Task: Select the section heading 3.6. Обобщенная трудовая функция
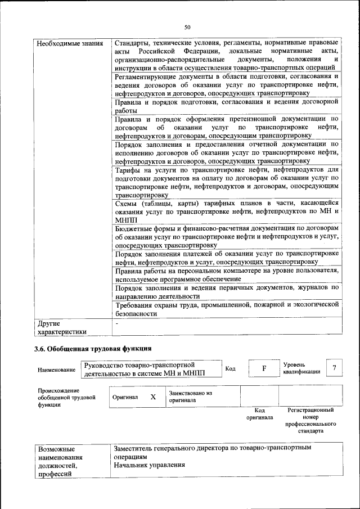(93, 350)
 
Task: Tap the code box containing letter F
(263, 368)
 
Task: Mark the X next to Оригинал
(152, 397)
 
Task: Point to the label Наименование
(56, 370)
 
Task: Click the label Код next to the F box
(230, 368)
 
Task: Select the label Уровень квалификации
(301, 368)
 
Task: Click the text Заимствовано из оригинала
(190, 397)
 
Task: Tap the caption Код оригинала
(259, 414)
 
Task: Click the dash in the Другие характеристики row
(116, 324)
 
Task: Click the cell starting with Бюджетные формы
(226, 237)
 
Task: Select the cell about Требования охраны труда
(226, 309)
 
